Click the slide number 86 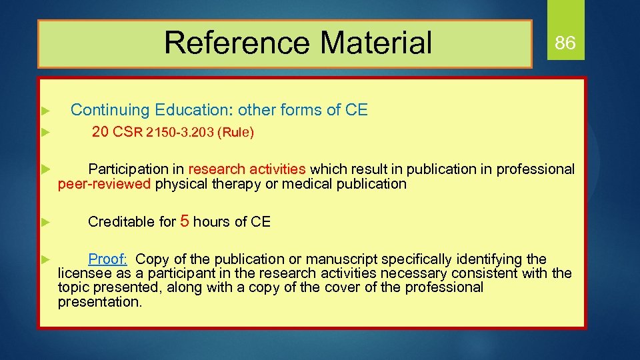[565, 44]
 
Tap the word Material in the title [376, 43]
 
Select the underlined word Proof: [108, 259]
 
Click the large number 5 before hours [185, 221]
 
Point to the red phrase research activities [247, 169]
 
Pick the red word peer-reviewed [105, 184]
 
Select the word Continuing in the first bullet [111, 110]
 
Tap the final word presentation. [100, 302]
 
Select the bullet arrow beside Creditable [45, 222]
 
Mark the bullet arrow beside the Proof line [45, 259]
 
